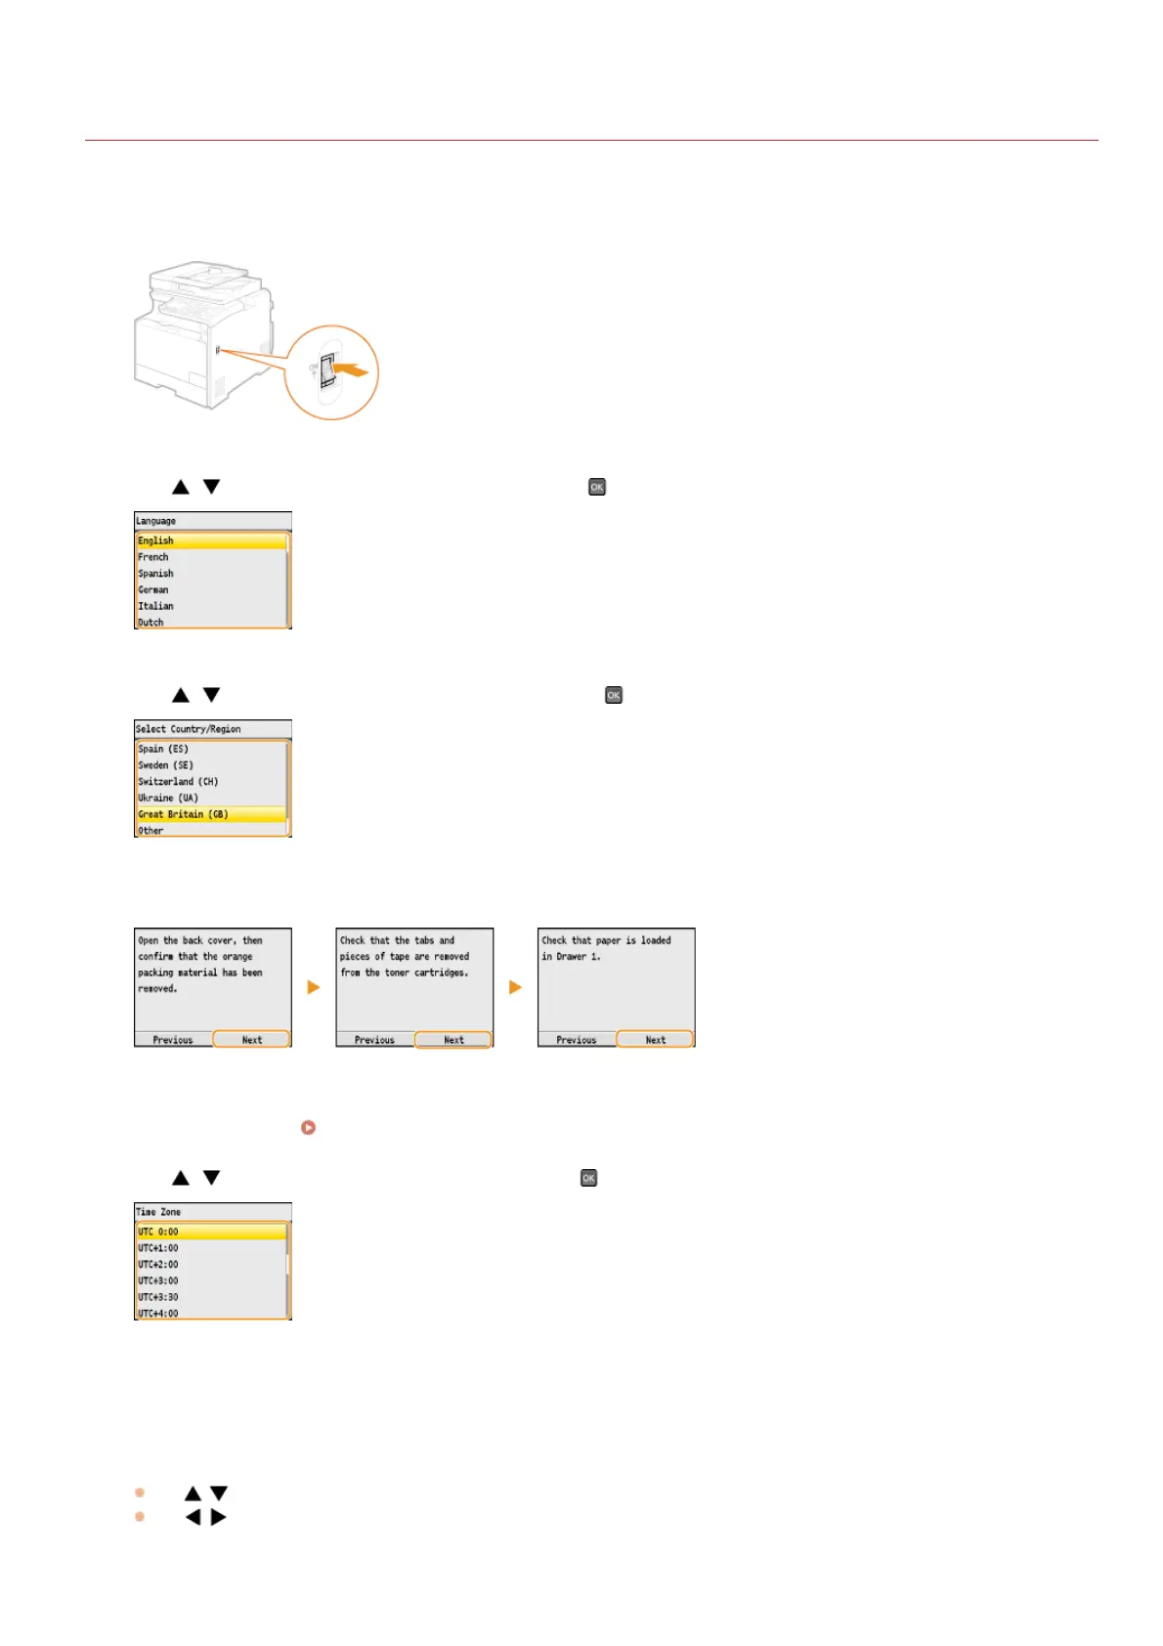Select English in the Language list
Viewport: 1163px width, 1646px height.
(x=156, y=541)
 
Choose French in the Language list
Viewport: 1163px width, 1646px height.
(x=153, y=557)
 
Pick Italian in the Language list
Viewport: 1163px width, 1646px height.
(x=155, y=606)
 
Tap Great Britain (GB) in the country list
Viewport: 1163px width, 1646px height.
(x=183, y=814)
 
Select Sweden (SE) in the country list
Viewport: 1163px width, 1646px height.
(x=165, y=765)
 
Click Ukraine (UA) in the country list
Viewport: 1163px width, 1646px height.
(x=168, y=798)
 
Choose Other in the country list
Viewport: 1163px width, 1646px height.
(x=151, y=831)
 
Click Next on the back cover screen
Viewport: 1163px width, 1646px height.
(x=251, y=1039)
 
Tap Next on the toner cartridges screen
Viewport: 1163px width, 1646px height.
(x=453, y=1039)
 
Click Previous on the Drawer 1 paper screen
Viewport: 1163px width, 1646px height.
(x=577, y=1039)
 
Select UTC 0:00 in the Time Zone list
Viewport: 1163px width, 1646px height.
(x=158, y=1232)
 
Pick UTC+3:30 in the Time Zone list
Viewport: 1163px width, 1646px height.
(x=158, y=1297)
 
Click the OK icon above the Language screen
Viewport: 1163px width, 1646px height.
(x=597, y=487)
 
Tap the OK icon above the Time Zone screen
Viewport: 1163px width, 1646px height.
(x=588, y=1178)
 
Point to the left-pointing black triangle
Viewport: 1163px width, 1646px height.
(x=194, y=1517)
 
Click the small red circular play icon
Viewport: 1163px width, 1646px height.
(x=308, y=1127)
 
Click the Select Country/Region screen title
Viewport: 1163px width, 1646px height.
(x=189, y=729)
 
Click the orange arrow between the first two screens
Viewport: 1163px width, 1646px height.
(x=314, y=987)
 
